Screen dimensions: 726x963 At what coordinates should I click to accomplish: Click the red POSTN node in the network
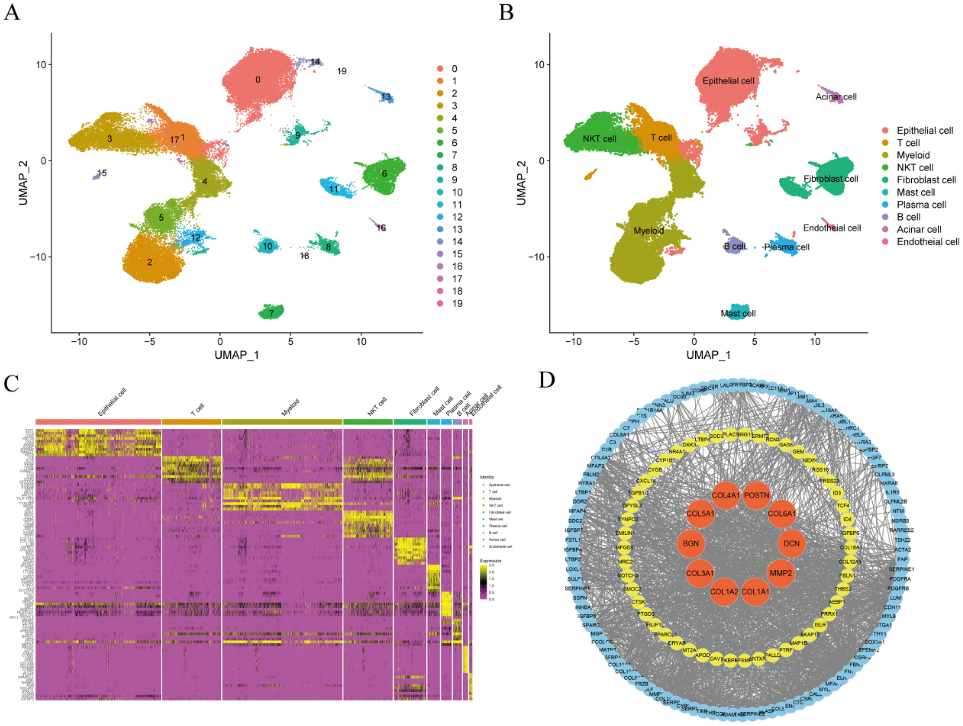pyautogui.click(x=756, y=495)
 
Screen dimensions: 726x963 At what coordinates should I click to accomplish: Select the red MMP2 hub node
pyautogui.click(x=780, y=573)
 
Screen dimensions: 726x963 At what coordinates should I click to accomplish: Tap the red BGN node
pyautogui.click(x=690, y=543)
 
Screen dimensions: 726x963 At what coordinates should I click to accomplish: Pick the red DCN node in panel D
pyautogui.click(x=791, y=543)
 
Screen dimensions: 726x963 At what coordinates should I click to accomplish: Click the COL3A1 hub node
pyautogui.click(x=700, y=573)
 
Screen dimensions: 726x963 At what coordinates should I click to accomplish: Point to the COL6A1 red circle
pyautogui.click(x=782, y=514)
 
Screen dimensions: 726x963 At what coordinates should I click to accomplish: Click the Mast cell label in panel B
pyautogui.click(x=738, y=314)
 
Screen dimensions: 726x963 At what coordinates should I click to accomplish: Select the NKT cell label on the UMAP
pyautogui.click(x=599, y=139)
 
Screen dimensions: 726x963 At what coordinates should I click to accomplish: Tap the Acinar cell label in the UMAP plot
pyautogui.click(x=836, y=97)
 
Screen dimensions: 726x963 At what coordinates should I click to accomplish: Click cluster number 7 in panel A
pyautogui.click(x=272, y=314)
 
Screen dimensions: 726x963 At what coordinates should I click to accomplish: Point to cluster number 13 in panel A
pyautogui.click(x=386, y=97)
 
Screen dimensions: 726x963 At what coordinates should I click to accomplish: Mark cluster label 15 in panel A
pyautogui.click(x=102, y=173)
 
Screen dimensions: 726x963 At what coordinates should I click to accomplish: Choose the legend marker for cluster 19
pyautogui.click(x=440, y=304)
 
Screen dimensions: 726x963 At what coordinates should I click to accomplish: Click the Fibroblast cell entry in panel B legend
pyautogui.click(x=926, y=180)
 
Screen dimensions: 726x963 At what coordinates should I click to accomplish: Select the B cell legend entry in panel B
pyautogui.click(x=908, y=217)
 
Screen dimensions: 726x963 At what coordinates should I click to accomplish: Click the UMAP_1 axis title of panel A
pyautogui.click(x=237, y=355)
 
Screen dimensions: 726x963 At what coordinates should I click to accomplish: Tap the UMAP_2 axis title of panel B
pyautogui.click(x=522, y=182)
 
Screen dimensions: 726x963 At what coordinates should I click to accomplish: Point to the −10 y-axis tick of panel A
pyautogui.click(x=38, y=257)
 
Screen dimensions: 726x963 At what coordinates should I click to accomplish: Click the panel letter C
pyautogui.click(x=12, y=384)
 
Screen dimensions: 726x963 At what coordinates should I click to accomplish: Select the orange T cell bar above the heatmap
pyautogui.click(x=191, y=422)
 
